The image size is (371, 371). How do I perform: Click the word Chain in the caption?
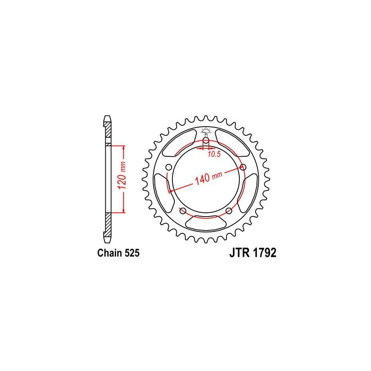pos(109,253)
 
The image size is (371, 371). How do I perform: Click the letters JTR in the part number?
pos(238,253)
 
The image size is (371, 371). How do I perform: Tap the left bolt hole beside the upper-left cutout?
pos(169,167)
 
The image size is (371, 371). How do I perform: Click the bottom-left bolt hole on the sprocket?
pos(183,211)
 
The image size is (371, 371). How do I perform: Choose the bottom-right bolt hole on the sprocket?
pos(229,211)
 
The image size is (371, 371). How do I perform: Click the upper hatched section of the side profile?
pos(108,134)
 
